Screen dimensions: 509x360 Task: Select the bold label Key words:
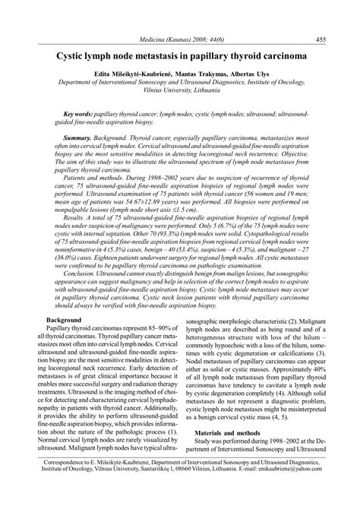click(78, 112)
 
